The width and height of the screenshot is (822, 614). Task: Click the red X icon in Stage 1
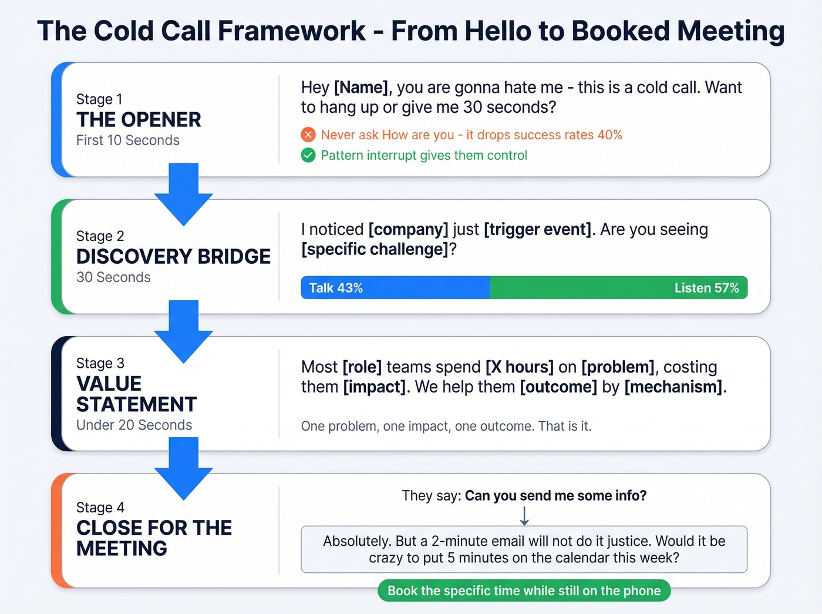pos(308,135)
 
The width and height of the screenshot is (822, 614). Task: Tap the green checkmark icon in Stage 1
pos(308,156)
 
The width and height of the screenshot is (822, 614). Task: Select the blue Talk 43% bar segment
pos(395,288)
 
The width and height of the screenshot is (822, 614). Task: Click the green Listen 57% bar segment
pos(618,288)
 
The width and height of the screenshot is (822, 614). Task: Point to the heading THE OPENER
pos(139,120)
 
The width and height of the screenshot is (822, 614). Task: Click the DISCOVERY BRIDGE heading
pos(173,257)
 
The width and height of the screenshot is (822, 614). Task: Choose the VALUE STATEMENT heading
pos(136,394)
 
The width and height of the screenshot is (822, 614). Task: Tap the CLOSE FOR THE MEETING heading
pos(154,538)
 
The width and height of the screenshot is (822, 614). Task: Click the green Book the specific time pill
pos(524,590)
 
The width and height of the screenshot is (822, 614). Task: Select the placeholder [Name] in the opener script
pos(361,88)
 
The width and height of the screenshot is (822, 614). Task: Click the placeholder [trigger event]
pos(537,229)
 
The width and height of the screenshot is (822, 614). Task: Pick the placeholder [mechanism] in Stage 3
pos(673,387)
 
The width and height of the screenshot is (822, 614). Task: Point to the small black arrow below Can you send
pos(524,515)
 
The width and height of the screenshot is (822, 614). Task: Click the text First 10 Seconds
pos(128,140)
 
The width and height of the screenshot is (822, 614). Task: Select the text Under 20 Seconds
pos(134,425)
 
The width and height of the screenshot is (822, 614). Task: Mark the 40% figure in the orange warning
pos(609,135)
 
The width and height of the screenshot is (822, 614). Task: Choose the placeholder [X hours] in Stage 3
pos(519,367)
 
